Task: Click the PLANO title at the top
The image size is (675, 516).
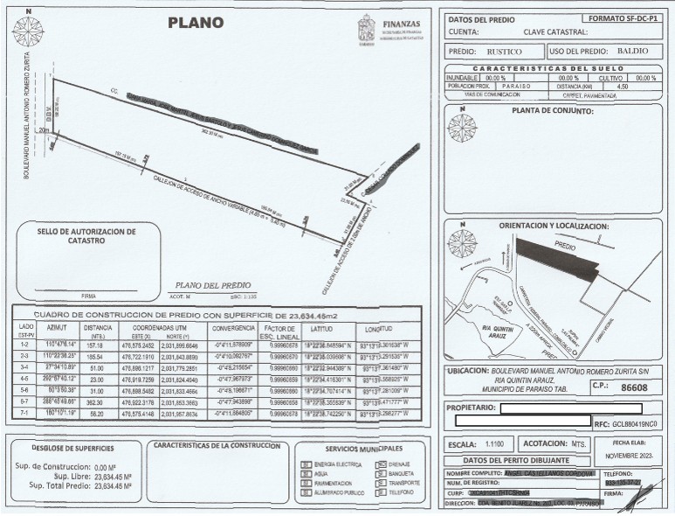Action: tap(195, 23)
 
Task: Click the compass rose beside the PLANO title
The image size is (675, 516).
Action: tap(27, 31)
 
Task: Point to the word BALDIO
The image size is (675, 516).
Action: tap(631, 51)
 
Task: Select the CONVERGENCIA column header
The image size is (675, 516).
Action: tap(232, 330)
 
